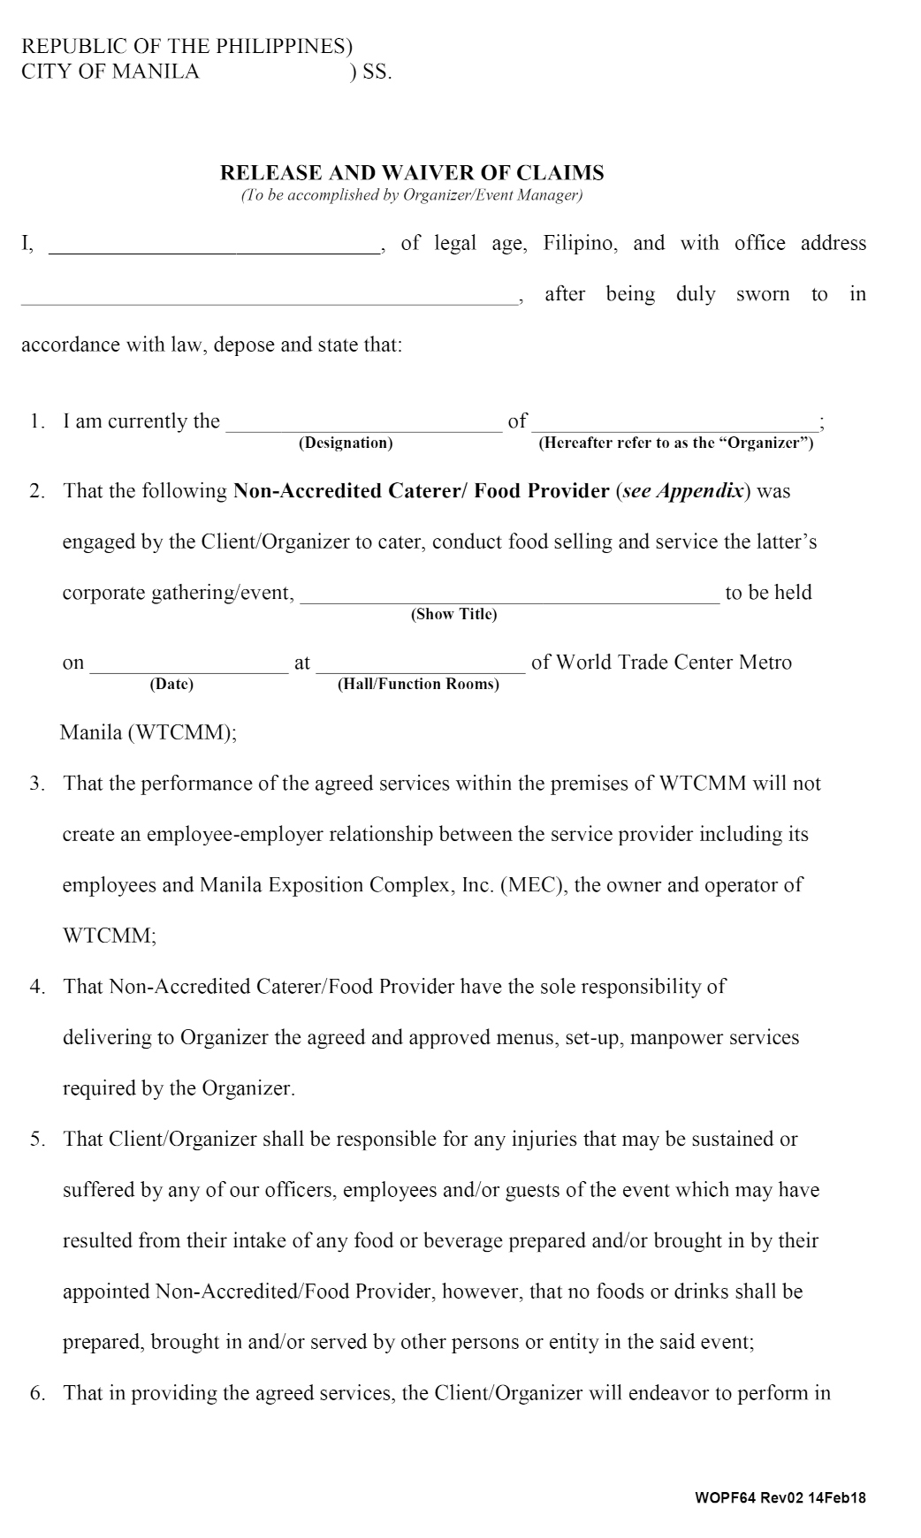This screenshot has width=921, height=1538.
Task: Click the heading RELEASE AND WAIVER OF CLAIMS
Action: pos(412,172)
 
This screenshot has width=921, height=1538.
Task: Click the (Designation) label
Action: pos(346,443)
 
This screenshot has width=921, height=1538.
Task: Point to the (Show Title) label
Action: pos(453,614)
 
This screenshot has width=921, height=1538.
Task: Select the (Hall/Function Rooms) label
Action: pos(418,684)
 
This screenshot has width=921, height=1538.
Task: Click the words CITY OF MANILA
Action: pos(110,72)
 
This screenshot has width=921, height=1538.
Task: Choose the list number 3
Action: pos(37,784)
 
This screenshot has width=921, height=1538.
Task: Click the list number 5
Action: pos(37,1140)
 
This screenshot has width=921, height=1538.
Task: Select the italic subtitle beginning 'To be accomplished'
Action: pos(412,195)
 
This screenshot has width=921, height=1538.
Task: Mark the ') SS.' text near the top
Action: pos(370,72)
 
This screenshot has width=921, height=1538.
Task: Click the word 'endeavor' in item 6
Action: pos(668,1393)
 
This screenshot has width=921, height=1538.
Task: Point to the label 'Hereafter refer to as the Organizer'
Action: pos(676,443)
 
